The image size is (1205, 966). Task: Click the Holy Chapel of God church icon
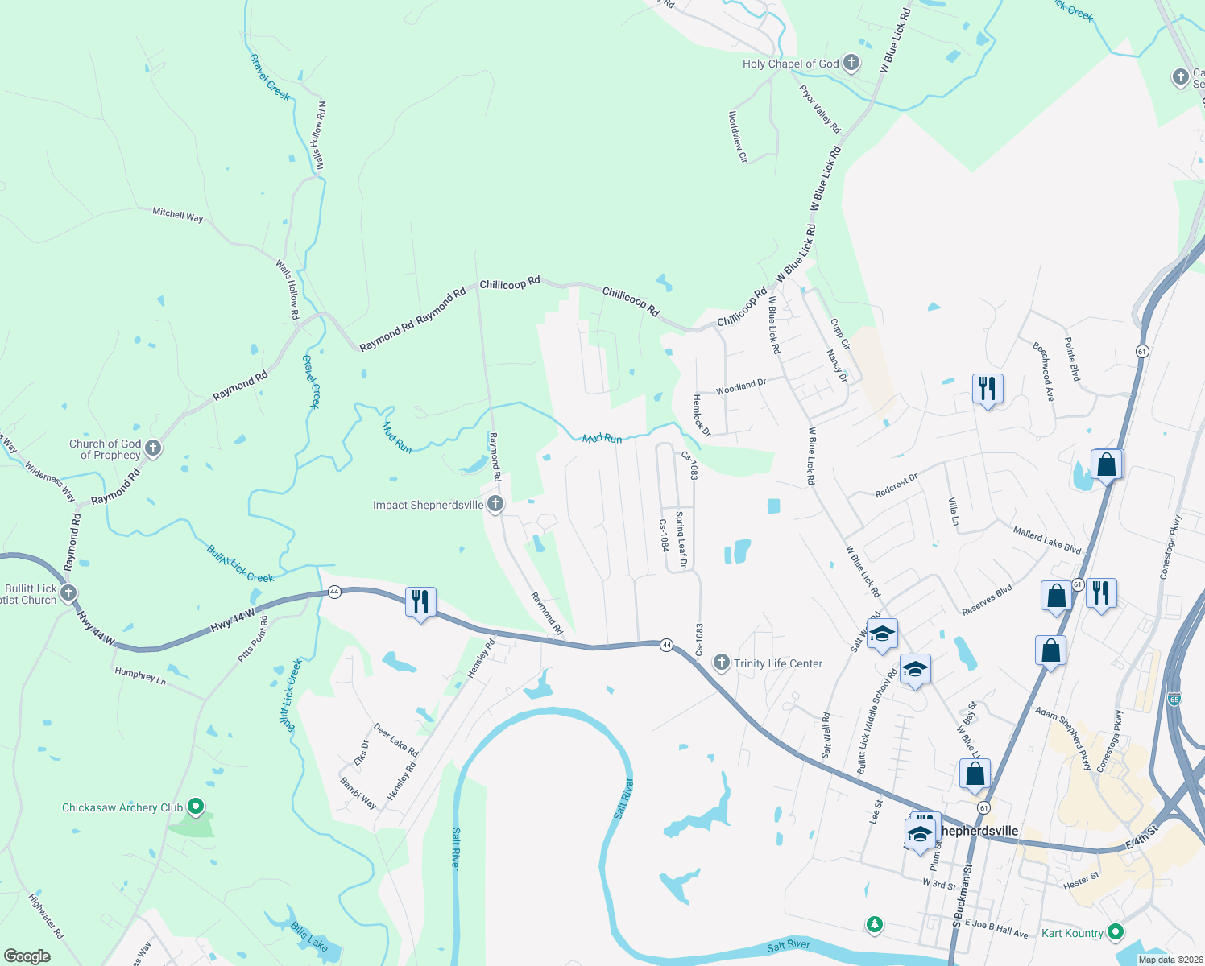pos(851,64)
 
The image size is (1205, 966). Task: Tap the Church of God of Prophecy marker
pos(153,448)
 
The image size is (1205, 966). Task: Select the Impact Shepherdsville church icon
pos(495,505)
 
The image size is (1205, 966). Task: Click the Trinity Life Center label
pos(778,663)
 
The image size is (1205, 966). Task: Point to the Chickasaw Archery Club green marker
pos(195,806)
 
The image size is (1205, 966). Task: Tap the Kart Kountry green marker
pos(1116,932)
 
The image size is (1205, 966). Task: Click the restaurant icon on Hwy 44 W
pos(420,602)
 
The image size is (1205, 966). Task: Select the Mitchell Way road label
pos(178,214)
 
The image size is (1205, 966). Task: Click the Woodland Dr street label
pos(741,386)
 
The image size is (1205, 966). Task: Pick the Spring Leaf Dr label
pos(681,539)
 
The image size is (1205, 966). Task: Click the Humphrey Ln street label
pos(140,676)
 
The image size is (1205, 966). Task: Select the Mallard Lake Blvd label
pos(1046,540)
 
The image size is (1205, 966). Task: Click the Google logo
pos(27,956)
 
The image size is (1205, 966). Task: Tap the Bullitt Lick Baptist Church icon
pos(68,594)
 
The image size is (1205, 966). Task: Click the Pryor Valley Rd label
pos(820,109)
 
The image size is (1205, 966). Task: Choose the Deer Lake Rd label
pos(395,740)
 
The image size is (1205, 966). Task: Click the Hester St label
pos(1081,881)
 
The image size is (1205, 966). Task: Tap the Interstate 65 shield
pos(1174,699)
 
